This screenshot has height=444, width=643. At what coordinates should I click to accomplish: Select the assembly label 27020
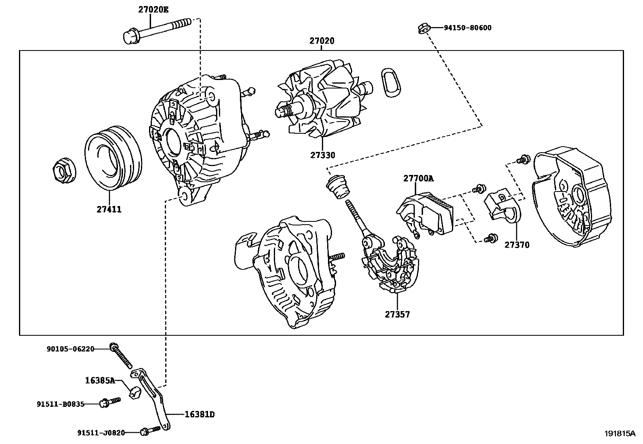[322, 41]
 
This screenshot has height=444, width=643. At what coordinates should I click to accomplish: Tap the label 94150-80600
[467, 28]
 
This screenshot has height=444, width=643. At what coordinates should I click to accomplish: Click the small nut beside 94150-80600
[421, 28]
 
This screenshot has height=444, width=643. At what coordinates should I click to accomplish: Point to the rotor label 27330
[323, 155]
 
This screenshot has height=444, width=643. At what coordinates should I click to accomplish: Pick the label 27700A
[418, 178]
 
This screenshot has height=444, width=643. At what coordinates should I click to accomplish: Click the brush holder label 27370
[517, 245]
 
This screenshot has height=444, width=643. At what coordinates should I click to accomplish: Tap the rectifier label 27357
[397, 314]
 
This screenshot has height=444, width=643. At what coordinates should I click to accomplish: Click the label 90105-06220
[70, 349]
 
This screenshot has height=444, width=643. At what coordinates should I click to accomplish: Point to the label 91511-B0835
[60, 404]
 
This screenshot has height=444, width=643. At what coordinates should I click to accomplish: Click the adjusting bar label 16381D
[199, 415]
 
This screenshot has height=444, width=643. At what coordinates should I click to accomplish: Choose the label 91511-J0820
[101, 433]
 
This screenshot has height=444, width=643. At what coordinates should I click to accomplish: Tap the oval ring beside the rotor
[390, 83]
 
